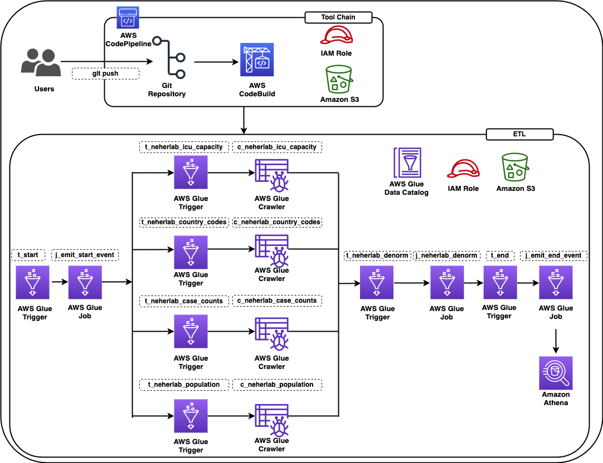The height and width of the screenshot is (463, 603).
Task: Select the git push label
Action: click(x=105, y=73)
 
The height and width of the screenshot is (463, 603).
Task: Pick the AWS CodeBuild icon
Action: click(x=257, y=60)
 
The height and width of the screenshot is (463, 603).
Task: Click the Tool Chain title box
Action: click(x=338, y=17)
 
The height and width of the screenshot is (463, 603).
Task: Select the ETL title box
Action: click(x=519, y=134)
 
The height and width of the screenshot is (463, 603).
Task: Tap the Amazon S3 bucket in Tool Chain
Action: click(x=339, y=79)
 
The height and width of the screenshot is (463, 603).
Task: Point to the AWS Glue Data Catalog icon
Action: click(x=407, y=162)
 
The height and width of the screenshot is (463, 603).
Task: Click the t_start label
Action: click(x=28, y=255)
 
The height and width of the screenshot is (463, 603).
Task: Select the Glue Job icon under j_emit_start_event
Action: click(x=85, y=282)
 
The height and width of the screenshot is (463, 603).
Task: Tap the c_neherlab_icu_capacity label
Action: click(x=277, y=147)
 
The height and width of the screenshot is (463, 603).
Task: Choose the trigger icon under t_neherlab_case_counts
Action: click(x=191, y=332)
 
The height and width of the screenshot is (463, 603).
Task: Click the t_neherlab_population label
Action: click(x=183, y=385)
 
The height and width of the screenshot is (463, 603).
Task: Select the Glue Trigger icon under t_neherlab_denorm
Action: click(x=377, y=283)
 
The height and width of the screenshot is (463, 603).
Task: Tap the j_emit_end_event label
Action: click(x=555, y=255)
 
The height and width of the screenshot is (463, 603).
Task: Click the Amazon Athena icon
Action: click(x=555, y=373)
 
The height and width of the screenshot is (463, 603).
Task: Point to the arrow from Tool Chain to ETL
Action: click(x=244, y=120)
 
